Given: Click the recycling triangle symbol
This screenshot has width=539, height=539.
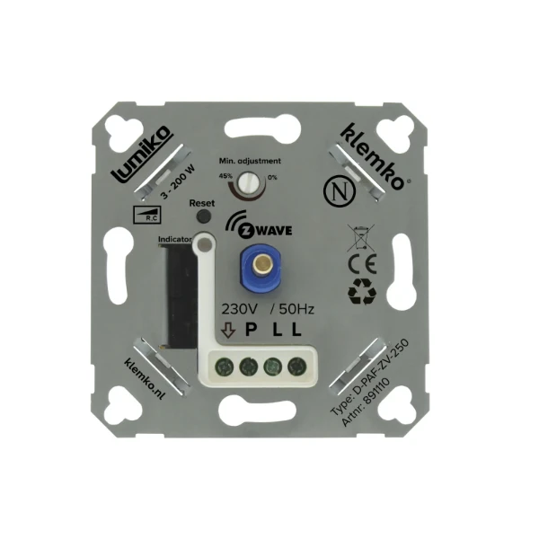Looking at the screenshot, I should click(364, 290).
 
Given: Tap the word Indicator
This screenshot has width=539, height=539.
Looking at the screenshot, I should click(174, 240).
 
